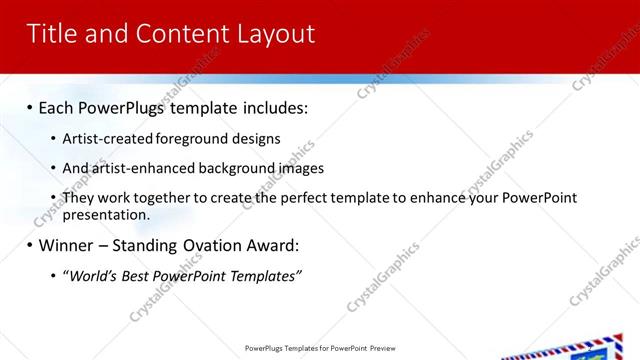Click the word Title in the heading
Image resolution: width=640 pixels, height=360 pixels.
pyautogui.click(x=53, y=34)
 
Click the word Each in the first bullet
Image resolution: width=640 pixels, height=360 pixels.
pyautogui.click(x=57, y=106)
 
